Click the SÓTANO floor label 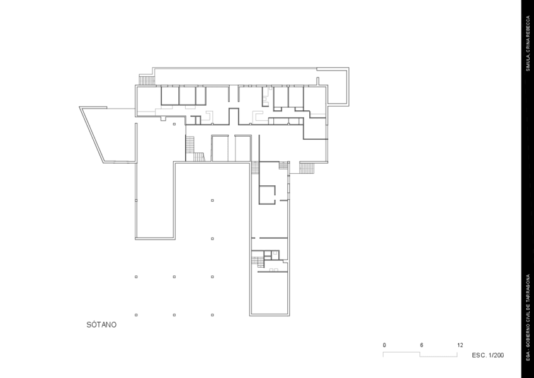[x=101, y=325]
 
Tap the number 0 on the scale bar [x=385, y=345]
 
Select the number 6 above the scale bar [x=421, y=345]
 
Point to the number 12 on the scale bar [x=460, y=345]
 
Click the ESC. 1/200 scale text [x=487, y=355]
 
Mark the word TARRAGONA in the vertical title [x=528, y=288]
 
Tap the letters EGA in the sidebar [x=528, y=355]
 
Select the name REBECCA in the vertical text [x=528, y=25]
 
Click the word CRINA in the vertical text [x=528, y=44]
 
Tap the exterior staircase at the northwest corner [x=147, y=81]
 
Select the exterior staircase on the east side [x=307, y=168]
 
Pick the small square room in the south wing [x=267, y=195]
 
